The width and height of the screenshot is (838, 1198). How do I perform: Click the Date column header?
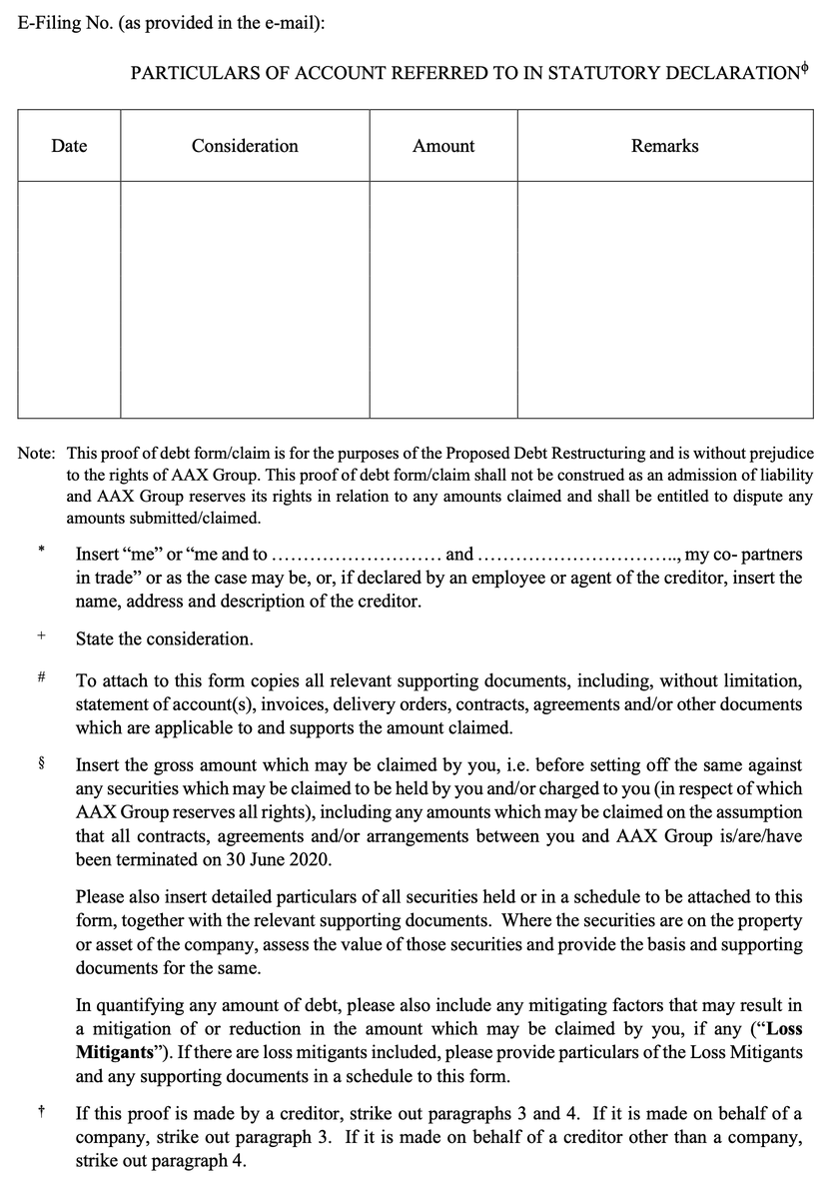coord(69,146)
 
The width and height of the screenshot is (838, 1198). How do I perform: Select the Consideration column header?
coord(245,146)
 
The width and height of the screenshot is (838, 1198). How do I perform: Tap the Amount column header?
coord(443,146)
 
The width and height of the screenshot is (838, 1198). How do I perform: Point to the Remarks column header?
coord(664,146)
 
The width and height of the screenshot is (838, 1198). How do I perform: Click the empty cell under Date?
coord(69,300)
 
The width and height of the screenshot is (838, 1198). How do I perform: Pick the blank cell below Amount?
coord(443,300)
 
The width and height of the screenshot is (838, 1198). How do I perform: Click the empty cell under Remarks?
coord(664,300)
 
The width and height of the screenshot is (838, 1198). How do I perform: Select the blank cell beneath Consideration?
coord(245,300)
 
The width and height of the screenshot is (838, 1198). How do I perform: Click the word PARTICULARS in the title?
coord(186,74)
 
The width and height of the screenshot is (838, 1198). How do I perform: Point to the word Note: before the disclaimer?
coord(37,454)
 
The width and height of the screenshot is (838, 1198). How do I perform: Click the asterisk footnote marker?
coord(41,550)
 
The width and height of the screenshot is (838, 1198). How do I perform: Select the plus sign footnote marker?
coord(41,635)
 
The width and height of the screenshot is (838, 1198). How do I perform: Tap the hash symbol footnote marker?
coord(41,678)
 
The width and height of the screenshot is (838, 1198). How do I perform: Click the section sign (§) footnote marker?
coord(41,764)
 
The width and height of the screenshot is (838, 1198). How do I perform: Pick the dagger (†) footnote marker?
coord(41,1109)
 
